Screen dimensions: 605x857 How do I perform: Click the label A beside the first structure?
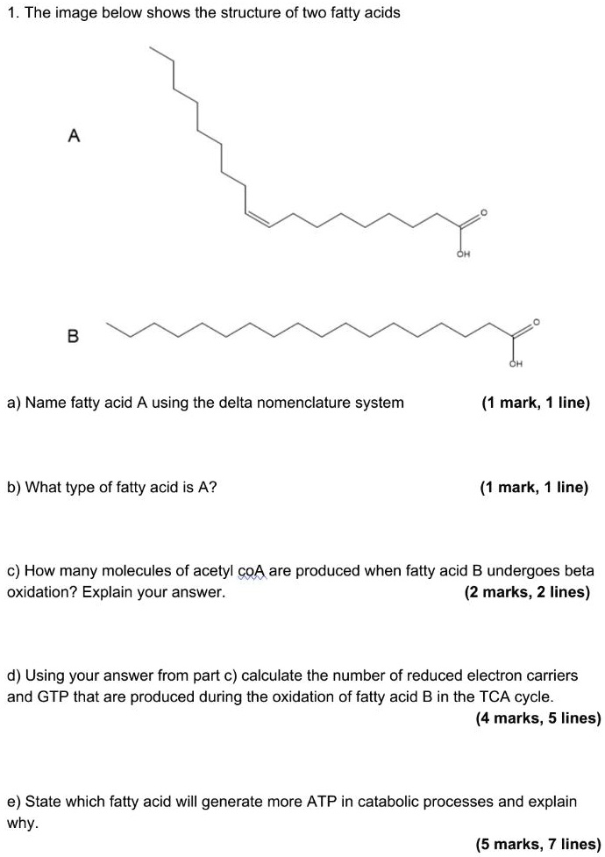[x=74, y=135]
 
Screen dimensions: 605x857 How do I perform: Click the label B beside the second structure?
[x=73, y=335]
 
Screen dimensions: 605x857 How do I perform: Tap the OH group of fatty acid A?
[x=463, y=255]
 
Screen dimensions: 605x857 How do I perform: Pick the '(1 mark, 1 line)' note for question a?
[x=536, y=403]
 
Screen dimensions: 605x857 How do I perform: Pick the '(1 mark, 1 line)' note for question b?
[x=534, y=487]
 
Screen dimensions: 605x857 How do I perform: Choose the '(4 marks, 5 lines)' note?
[x=537, y=718]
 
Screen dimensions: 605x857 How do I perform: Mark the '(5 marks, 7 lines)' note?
[x=537, y=845]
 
